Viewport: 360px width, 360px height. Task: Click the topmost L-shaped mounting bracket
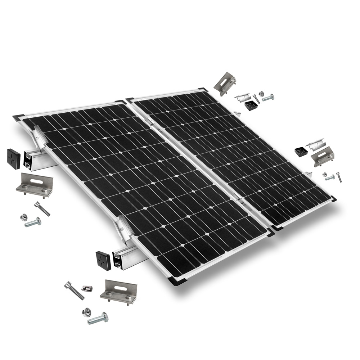click(x=225, y=83)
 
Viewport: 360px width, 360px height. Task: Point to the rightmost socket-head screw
click(x=339, y=177)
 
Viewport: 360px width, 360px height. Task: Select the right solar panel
click(x=234, y=155)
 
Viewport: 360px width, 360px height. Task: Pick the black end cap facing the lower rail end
click(x=103, y=259)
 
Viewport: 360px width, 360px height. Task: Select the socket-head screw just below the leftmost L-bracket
click(x=42, y=208)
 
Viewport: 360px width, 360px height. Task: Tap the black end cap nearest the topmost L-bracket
click(x=251, y=105)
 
